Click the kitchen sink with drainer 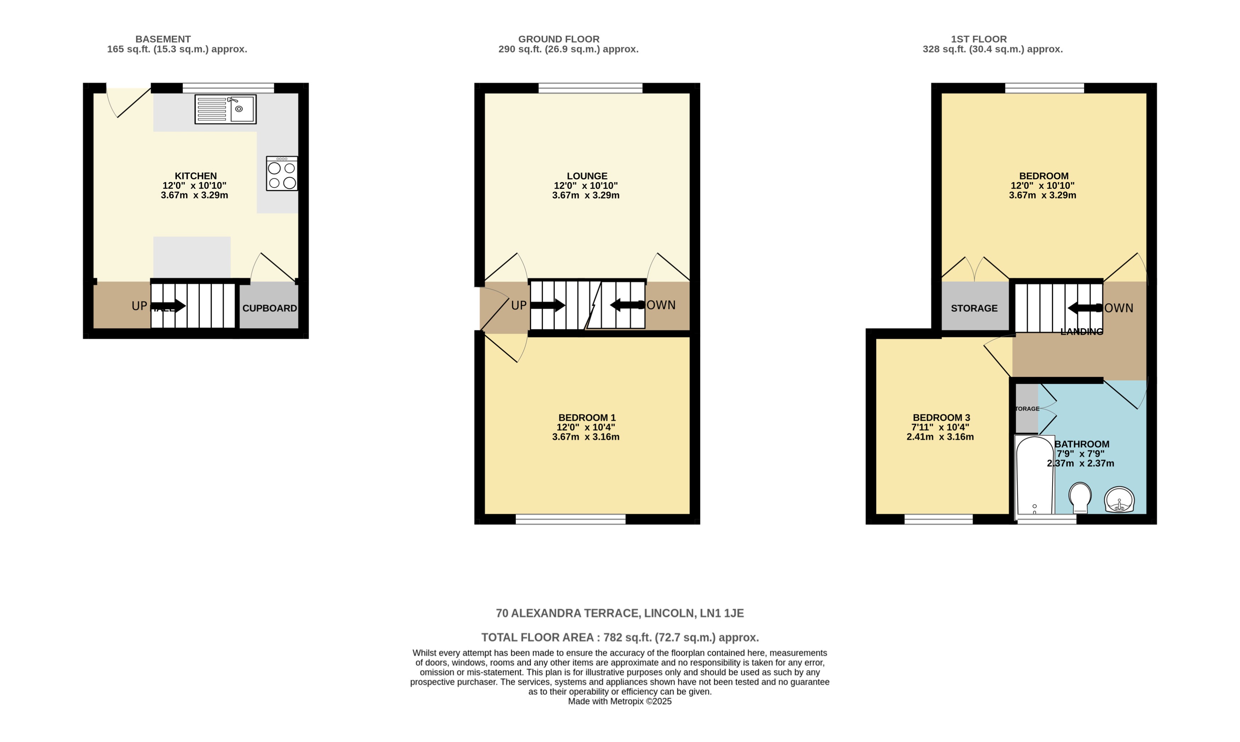(x=225, y=109)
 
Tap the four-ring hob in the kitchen (x=282, y=174)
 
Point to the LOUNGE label (x=587, y=176)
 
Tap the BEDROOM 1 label (x=587, y=417)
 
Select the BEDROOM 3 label (x=941, y=417)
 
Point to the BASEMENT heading (x=163, y=39)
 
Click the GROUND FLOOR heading (x=558, y=39)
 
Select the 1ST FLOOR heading (x=979, y=39)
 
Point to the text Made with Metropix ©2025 (x=619, y=702)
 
